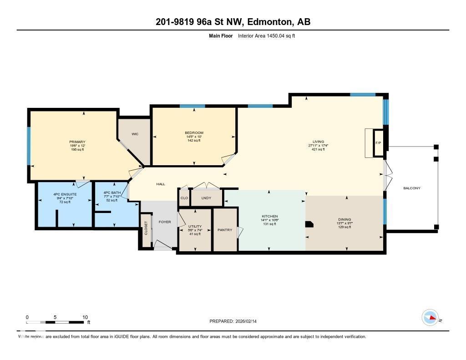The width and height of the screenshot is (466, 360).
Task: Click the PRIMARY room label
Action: [x=77, y=142]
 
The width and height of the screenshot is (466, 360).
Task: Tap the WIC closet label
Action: [x=135, y=134]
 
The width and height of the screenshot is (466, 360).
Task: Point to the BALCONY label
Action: [x=412, y=188]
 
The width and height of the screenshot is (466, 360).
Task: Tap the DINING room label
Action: [x=344, y=219]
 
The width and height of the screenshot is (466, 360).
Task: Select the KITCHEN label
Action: [x=269, y=216]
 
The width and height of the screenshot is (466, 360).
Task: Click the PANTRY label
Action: [x=225, y=230]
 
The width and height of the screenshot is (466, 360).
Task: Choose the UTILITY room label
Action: [x=195, y=226]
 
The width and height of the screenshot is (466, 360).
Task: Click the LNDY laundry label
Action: [x=206, y=198]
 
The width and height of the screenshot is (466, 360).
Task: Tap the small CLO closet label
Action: [x=184, y=198]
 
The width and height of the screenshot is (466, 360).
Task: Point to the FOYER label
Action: [x=164, y=222]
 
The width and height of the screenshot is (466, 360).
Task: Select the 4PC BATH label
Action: [x=112, y=193]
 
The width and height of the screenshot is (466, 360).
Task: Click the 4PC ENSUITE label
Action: [x=65, y=194]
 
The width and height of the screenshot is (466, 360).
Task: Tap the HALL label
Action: [x=161, y=184]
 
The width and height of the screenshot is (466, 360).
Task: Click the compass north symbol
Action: [x=430, y=317]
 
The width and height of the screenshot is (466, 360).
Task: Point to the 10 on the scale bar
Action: [x=85, y=317]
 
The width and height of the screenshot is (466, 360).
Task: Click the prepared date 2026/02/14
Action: [x=245, y=321]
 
